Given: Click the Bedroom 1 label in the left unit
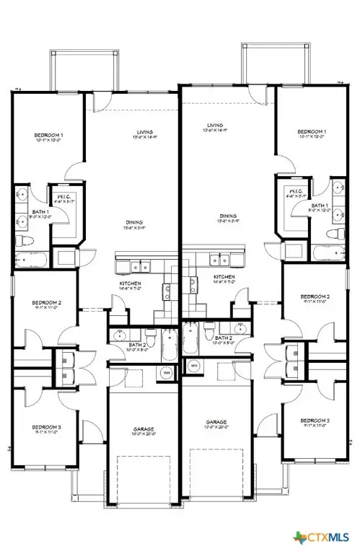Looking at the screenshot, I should [x=48, y=136].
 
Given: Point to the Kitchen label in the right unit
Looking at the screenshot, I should [x=224, y=277].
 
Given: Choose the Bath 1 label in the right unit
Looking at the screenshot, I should [x=320, y=206].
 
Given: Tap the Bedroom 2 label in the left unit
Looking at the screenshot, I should [x=46, y=302].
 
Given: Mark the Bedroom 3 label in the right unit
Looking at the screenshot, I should [x=315, y=420].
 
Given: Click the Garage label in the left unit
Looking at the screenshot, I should [x=143, y=429].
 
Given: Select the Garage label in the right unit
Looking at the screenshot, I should [x=216, y=422].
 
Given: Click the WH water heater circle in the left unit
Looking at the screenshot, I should [x=166, y=371].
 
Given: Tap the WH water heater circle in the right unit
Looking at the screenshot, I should [x=194, y=366].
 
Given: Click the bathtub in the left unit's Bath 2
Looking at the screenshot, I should [x=170, y=345].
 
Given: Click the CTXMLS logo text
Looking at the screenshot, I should [x=330, y=537].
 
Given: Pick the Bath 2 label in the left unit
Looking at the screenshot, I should [x=136, y=346].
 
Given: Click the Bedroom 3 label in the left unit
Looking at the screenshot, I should [x=46, y=428].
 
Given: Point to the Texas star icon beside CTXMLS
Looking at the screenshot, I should [x=300, y=537].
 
